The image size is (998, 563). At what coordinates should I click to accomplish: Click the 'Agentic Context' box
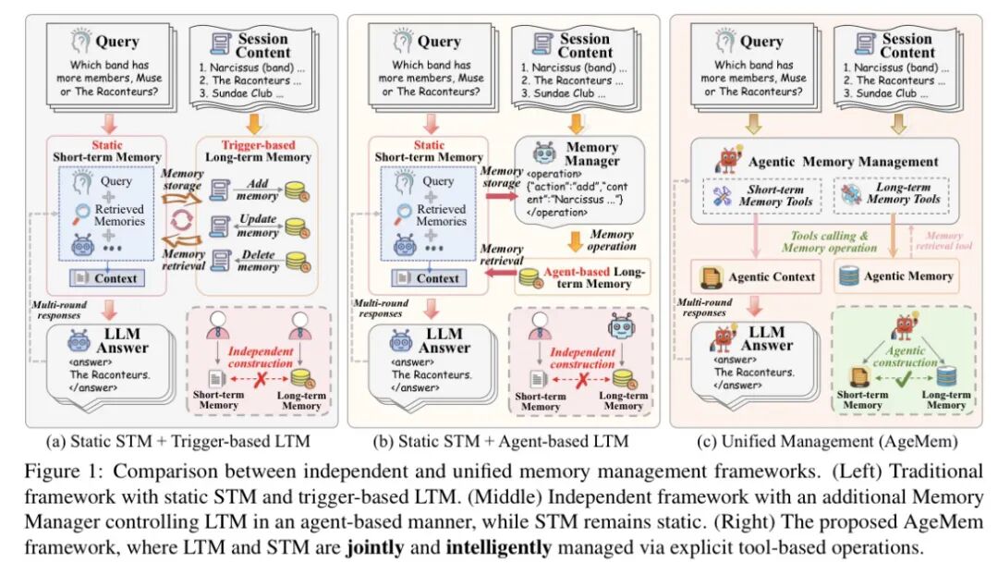(759, 276)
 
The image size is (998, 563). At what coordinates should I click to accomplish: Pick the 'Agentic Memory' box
(895, 276)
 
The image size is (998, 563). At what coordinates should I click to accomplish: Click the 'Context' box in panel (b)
(439, 277)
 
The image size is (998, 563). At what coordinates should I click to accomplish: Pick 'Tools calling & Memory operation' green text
(828, 241)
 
